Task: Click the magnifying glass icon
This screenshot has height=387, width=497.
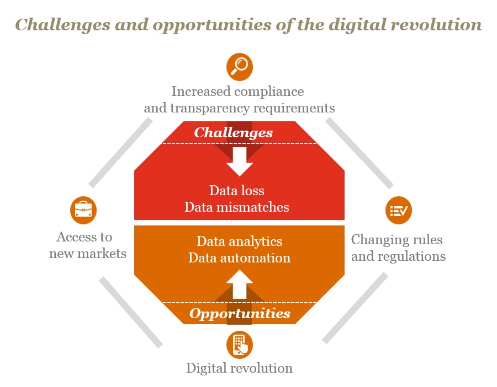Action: coord(239,67)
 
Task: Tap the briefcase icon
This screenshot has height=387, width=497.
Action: coord(83,210)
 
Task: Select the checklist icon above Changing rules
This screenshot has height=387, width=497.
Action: coord(398,210)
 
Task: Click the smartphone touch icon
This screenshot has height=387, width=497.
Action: coord(239,345)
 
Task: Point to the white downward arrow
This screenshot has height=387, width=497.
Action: coord(239,162)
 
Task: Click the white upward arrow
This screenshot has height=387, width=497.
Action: coord(239,284)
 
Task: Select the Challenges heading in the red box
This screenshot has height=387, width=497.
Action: coord(233,133)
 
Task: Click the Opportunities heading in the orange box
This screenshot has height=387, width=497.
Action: coord(240,314)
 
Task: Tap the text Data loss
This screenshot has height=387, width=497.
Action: coord(237,191)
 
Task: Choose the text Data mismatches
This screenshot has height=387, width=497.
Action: coord(237,207)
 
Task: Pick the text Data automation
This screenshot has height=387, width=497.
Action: coord(239,258)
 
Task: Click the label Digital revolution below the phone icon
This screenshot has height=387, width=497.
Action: coord(239,368)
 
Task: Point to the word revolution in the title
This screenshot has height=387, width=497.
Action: coord(436,25)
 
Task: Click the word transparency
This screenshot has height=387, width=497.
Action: coord(210,108)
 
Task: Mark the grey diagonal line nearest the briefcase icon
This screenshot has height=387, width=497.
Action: coord(120,153)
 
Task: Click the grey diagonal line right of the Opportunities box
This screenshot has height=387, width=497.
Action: coord(355,308)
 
